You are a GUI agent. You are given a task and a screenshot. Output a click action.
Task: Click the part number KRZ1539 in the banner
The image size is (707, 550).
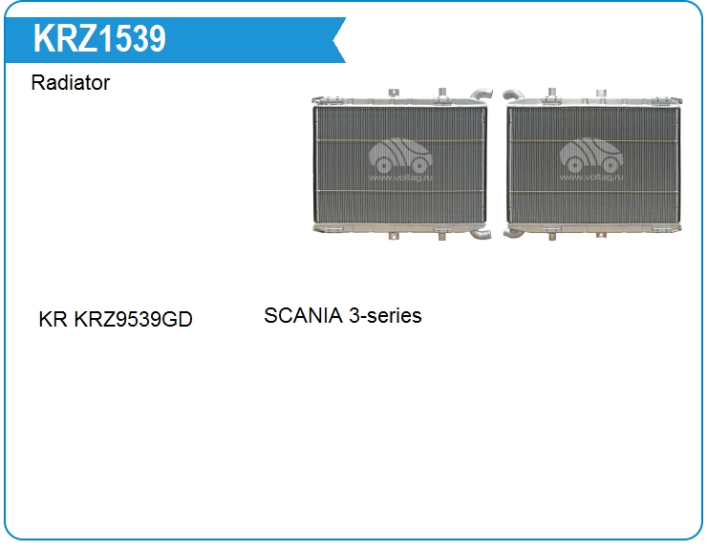(99, 39)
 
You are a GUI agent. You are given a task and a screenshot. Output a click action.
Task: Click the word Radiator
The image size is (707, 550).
(71, 82)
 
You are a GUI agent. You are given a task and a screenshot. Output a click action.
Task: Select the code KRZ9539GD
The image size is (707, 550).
(133, 319)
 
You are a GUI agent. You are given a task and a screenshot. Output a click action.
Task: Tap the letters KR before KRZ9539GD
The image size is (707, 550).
(53, 319)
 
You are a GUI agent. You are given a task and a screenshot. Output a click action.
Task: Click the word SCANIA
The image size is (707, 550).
(304, 315)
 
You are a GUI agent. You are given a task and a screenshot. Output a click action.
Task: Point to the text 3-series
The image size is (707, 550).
(386, 315)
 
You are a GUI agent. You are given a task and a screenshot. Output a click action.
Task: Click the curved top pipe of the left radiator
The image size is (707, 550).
(481, 95)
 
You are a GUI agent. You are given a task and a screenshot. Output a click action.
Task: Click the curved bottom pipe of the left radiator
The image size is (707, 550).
(481, 234)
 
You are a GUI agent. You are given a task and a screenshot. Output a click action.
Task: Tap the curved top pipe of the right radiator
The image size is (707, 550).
(513, 95)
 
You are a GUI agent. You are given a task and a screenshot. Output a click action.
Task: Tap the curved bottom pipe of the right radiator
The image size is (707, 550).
(513, 233)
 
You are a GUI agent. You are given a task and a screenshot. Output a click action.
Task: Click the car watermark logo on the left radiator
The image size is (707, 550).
(400, 155)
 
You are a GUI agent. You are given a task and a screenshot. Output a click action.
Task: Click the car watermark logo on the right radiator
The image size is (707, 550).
(591, 155)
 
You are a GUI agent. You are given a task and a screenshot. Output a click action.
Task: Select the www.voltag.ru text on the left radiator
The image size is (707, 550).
(400, 178)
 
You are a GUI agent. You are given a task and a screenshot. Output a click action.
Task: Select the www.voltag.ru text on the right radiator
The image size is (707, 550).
(591, 178)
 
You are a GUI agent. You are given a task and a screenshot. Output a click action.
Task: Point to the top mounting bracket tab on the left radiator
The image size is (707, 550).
(394, 93)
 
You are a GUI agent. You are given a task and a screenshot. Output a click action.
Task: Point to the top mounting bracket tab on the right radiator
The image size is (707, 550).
(601, 93)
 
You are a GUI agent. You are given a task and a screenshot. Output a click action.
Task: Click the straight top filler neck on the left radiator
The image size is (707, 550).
(442, 94)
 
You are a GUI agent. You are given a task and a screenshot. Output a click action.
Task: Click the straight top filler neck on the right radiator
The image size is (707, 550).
(551, 94)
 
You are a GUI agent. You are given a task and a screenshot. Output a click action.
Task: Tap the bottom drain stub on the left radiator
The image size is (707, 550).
(441, 236)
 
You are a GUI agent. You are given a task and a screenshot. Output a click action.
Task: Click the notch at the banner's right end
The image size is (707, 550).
(334, 40)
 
